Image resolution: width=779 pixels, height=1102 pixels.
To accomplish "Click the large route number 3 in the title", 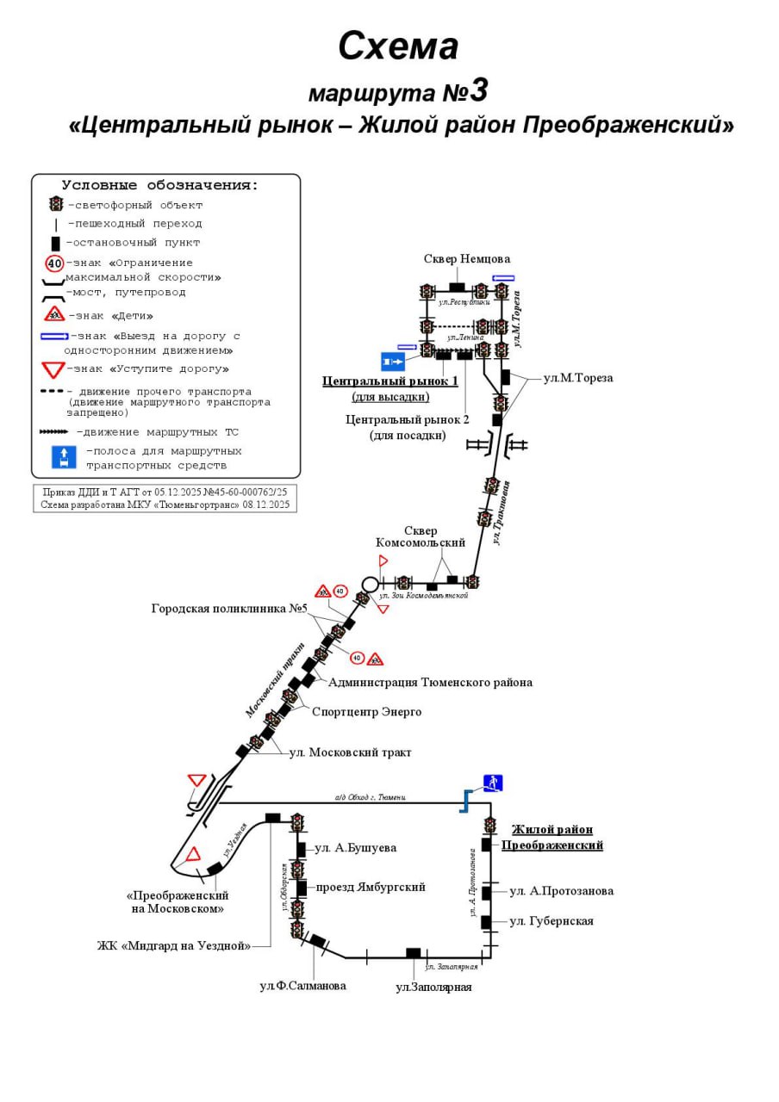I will (479, 90).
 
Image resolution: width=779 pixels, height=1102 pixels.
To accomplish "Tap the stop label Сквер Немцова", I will (466, 259).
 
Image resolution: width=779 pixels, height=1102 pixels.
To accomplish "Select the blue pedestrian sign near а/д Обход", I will (493, 783).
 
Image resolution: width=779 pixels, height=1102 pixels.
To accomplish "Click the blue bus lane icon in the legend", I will (64, 457).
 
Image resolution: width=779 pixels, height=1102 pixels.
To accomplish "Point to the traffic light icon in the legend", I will (56, 204).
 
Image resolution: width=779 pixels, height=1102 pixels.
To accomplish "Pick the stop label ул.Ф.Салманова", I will (302, 986).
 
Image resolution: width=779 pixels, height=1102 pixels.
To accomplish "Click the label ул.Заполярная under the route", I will (433, 987).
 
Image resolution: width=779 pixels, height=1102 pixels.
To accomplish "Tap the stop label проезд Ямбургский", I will (370, 887).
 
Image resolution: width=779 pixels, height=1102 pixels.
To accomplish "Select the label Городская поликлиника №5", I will (230, 609).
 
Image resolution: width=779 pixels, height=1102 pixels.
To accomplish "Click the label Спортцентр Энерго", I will (366, 712).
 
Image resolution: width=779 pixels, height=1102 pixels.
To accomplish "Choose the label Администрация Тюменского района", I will (430, 683).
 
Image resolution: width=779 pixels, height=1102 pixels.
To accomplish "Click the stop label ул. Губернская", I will (551, 921).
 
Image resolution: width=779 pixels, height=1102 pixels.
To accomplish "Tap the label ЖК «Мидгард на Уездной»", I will (174, 946).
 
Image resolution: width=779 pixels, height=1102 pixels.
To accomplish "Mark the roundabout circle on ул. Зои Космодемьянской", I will (371, 584).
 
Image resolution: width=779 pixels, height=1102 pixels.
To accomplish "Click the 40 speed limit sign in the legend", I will (55, 263).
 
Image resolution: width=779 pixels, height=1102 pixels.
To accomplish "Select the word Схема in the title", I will (397, 46).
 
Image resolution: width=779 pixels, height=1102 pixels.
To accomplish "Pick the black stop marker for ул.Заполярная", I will (414, 953).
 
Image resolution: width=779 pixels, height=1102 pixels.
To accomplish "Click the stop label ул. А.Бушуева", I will (355, 848).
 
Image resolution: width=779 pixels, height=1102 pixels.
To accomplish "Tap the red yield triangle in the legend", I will (54, 370).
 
